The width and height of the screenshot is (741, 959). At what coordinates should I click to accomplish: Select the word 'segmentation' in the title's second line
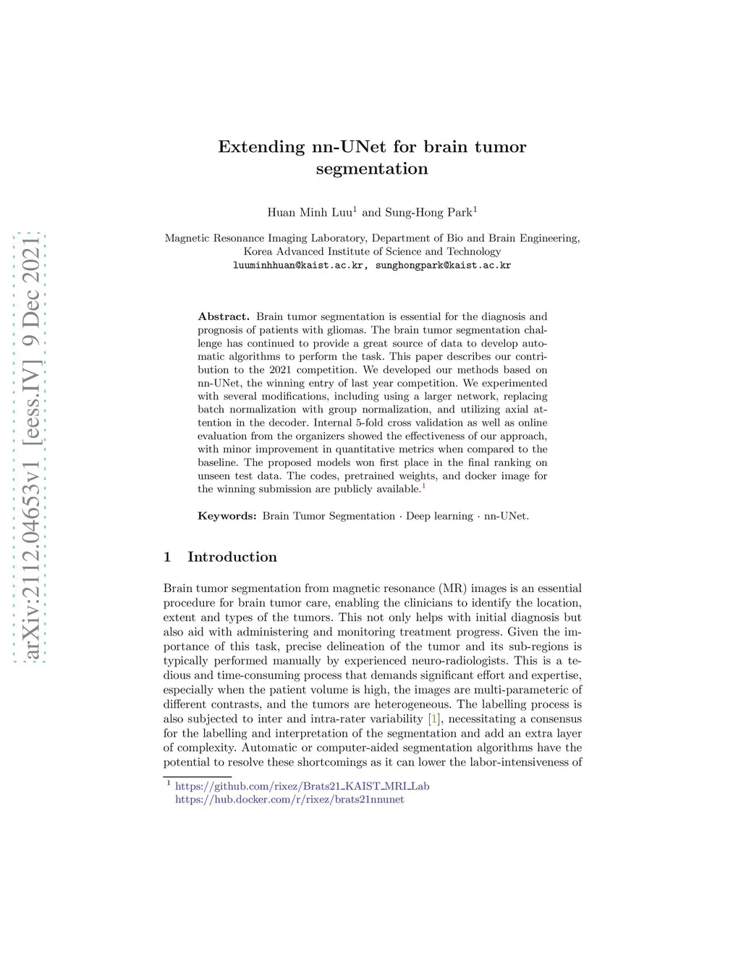372,169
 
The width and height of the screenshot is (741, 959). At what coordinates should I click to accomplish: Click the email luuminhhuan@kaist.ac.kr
297,266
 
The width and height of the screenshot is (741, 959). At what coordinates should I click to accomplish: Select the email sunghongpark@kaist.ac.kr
443,266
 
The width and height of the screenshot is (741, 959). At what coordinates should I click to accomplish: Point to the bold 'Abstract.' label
224,316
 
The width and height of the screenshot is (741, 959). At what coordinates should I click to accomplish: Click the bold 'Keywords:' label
227,516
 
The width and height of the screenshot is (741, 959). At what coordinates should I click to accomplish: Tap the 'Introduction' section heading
232,557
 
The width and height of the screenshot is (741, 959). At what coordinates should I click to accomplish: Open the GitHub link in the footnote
302,786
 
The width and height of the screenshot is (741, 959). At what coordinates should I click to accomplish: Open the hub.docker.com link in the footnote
289,800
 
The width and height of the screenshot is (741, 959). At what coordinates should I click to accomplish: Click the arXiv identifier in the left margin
30,449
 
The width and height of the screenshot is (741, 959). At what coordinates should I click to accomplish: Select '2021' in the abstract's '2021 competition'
280,370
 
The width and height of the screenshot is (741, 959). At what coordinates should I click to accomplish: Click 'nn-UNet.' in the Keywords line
507,516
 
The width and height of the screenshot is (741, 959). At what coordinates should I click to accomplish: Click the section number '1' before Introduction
168,557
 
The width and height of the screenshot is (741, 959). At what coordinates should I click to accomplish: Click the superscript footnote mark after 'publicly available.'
423,486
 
